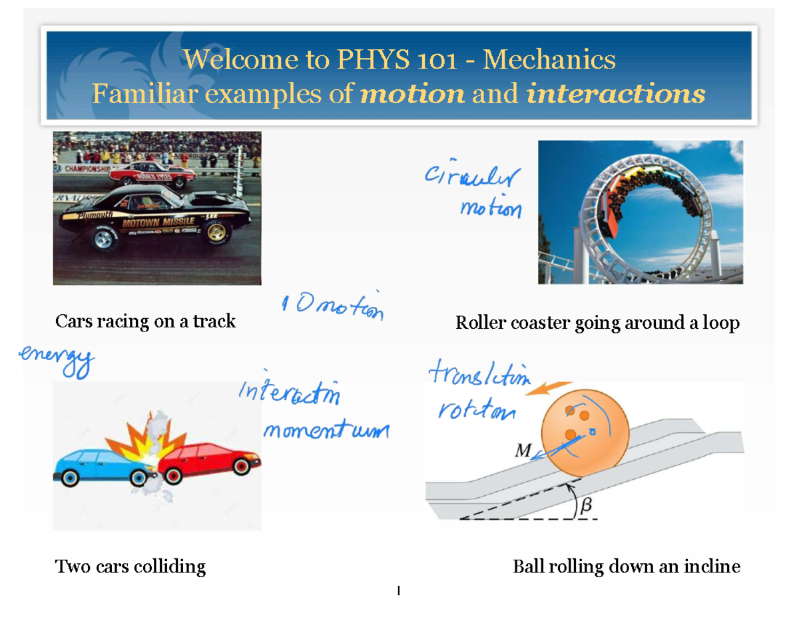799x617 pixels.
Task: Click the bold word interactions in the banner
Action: (x=615, y=95)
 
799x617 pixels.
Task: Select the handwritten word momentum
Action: (x=326, y=431)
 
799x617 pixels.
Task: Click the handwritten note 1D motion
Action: (x=333, y=308)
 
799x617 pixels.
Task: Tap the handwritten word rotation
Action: (x=476, y=411)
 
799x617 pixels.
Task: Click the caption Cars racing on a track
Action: (x=145, y=321)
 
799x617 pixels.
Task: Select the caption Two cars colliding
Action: (x=130, y=566)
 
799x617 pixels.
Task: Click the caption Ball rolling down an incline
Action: (x=626, y=567)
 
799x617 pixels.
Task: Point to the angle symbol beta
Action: (x=587, y=506)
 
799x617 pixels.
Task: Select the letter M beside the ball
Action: (x=523, y=451)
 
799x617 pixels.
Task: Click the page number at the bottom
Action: (x=398, y=590)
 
